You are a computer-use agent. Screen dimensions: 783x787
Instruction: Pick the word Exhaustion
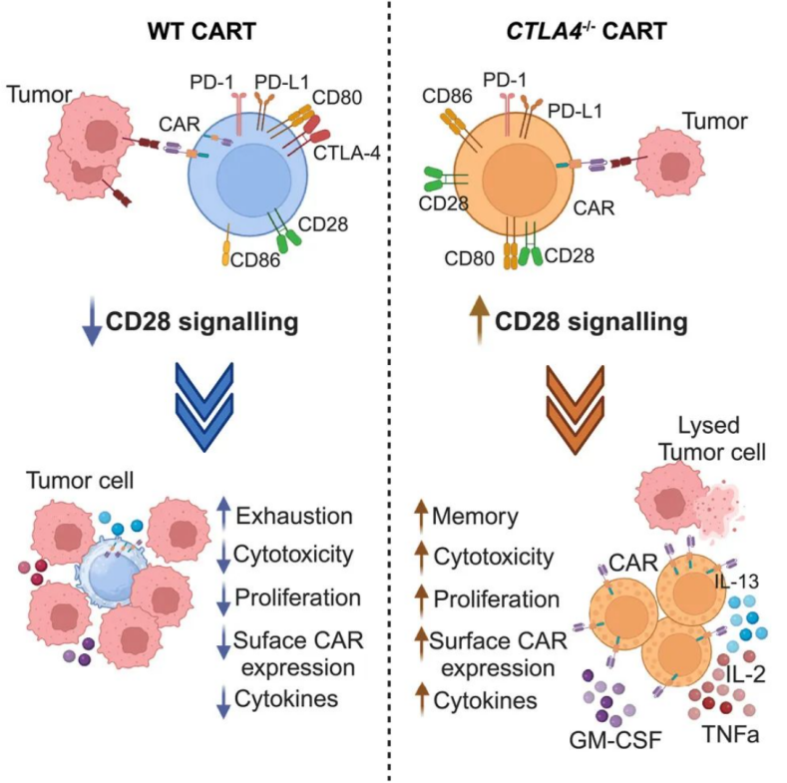tap(293, 517)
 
